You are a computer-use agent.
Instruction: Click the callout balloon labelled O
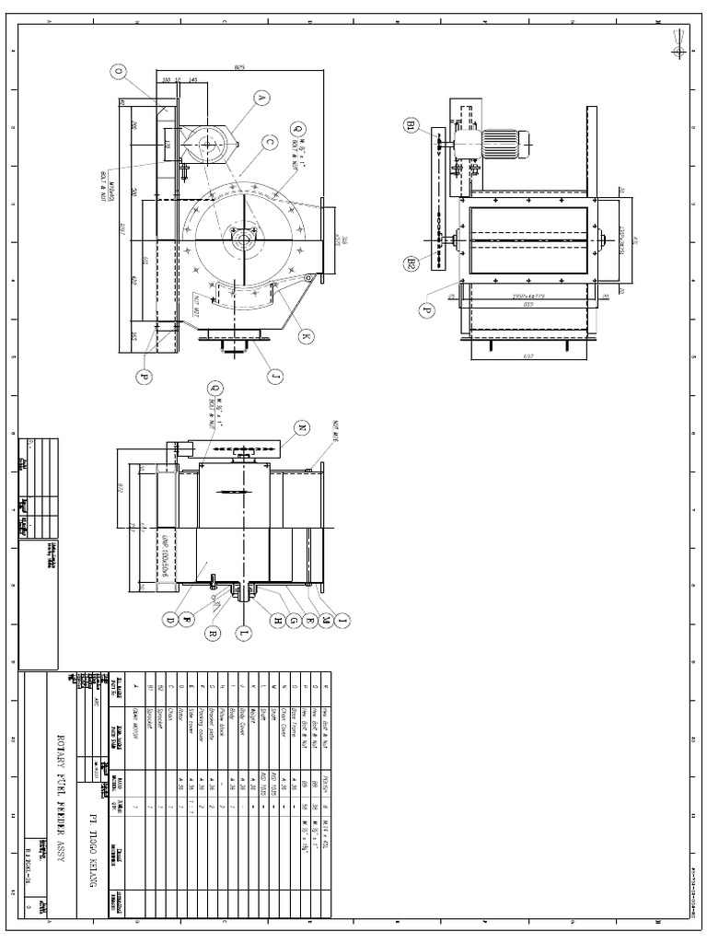click(118, 70)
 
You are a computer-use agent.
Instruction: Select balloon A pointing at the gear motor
click(261, 98)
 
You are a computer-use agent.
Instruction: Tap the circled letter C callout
click(269, 142)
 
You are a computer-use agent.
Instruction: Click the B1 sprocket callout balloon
click(411, 126)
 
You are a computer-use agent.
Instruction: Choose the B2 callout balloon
click(411, 263)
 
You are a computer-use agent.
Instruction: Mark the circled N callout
click(302, 427)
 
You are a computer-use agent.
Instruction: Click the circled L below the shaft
click(244, 634)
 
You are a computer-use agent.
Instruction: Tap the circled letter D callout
click(170, 621)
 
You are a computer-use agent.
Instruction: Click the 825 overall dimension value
click(238, 67)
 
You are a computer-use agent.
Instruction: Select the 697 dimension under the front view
click(527, 355)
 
